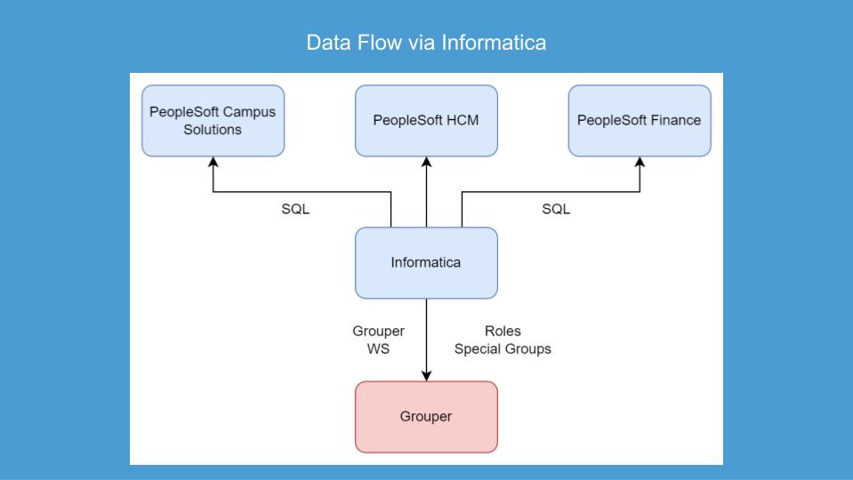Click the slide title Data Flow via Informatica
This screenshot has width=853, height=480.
pyautogui.click(x=426, y=42)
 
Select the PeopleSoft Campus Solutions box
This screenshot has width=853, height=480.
pyautogui.click(x=213, y=121)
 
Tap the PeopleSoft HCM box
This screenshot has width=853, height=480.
pyautogui.click(x=426, y=121)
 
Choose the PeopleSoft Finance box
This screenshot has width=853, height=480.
pyautogui.click(x=640, y=121)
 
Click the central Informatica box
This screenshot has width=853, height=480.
pyautogui.click(x=426, y=263)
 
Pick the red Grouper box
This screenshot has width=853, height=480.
pyautogui.click(x=426, y=417)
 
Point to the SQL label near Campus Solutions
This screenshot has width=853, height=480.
pyautogui.click(x=295, y=210)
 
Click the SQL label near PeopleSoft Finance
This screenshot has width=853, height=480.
pyautogui.click(x=556, y=210)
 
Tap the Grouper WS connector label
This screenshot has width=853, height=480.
pyautogui.click(x=378, y=340)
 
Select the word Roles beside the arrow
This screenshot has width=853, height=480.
pyautogui.click(x=503, y=332)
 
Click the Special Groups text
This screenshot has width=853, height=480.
pyautogui.click(x=503, y=349)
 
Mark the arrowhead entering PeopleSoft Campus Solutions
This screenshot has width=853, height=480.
pyautogui.click(x=213, y=163)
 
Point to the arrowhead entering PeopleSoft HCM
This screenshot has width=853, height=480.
pyautogui.click(x=426, y=163)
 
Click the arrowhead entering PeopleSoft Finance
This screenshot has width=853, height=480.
pyautogui.click(x=640, y=163)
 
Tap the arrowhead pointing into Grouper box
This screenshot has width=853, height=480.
pyautogui.click(x=426, y=376)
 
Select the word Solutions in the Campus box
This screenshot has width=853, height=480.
pyautogui.click(x=213, y=130)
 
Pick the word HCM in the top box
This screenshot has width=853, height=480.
pyautogui.click(x=462, y=121)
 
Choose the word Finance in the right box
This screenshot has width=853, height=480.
pyautogui.click(x=674, y=121)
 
